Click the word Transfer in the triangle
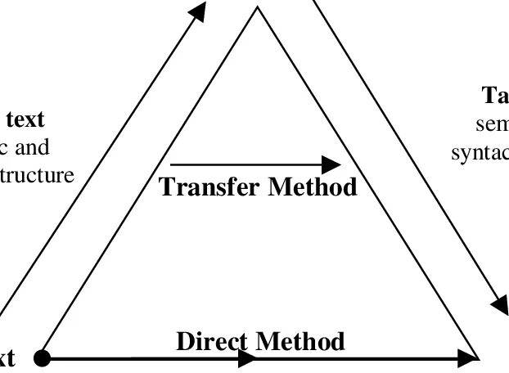[x=209, y=186]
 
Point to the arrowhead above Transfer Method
[x=331, y=164]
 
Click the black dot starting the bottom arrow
[x=42, y=357]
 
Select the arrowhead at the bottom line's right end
[x=468, y=357]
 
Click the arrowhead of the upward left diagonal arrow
[x=197, y=12]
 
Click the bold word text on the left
[x=25, y=119]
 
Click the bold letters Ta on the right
[x=496, y=97]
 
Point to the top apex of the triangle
[x=258, y=8]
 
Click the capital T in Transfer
[x=166, y=186]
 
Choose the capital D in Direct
[x=185, y=340]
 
